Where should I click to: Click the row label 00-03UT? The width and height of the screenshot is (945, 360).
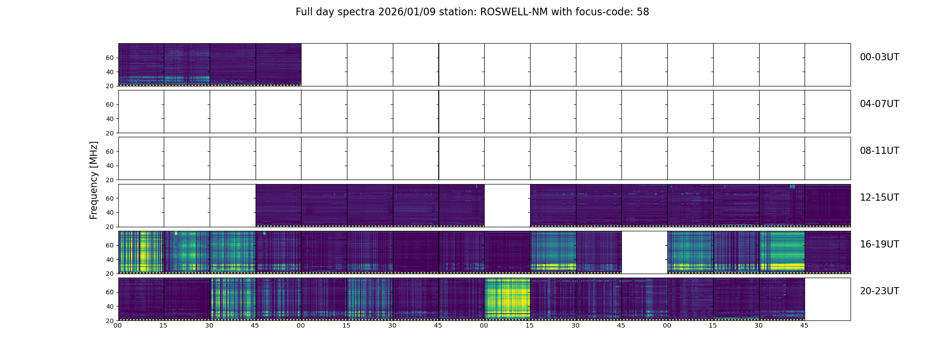coord(879,57)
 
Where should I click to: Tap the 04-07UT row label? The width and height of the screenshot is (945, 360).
coord(879,104)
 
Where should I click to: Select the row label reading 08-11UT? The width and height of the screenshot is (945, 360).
coord(879,151)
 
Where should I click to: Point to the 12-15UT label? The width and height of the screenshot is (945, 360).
coord(879,198)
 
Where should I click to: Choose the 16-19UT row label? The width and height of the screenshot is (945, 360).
coord(879,244)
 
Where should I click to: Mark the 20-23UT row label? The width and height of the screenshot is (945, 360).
coord(879,291)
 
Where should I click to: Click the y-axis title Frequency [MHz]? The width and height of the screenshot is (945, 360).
coord(94,180)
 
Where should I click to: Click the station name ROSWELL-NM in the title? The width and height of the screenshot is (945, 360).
coord(514,12)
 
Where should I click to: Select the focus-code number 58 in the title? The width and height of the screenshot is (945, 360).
coord(643,12)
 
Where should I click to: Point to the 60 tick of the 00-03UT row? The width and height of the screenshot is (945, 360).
coord(110,58)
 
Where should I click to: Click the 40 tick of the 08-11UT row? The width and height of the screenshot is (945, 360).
coord(110,166)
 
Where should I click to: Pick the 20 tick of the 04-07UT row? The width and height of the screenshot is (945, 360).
coord(110,133)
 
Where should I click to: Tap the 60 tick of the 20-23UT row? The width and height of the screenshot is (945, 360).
coord(110,292)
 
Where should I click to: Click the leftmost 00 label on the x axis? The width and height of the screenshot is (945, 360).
coord(118,325)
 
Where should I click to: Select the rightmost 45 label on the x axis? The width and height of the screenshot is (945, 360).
coord(804,325)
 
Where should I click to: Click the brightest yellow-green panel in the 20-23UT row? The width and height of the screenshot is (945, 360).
coord(507,299)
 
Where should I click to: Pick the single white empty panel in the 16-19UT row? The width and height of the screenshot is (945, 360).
coord(644,252)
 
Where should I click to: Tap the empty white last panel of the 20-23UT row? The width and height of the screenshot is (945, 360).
coord(828,299)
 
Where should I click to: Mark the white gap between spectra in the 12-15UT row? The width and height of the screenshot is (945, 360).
coord(507,205)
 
